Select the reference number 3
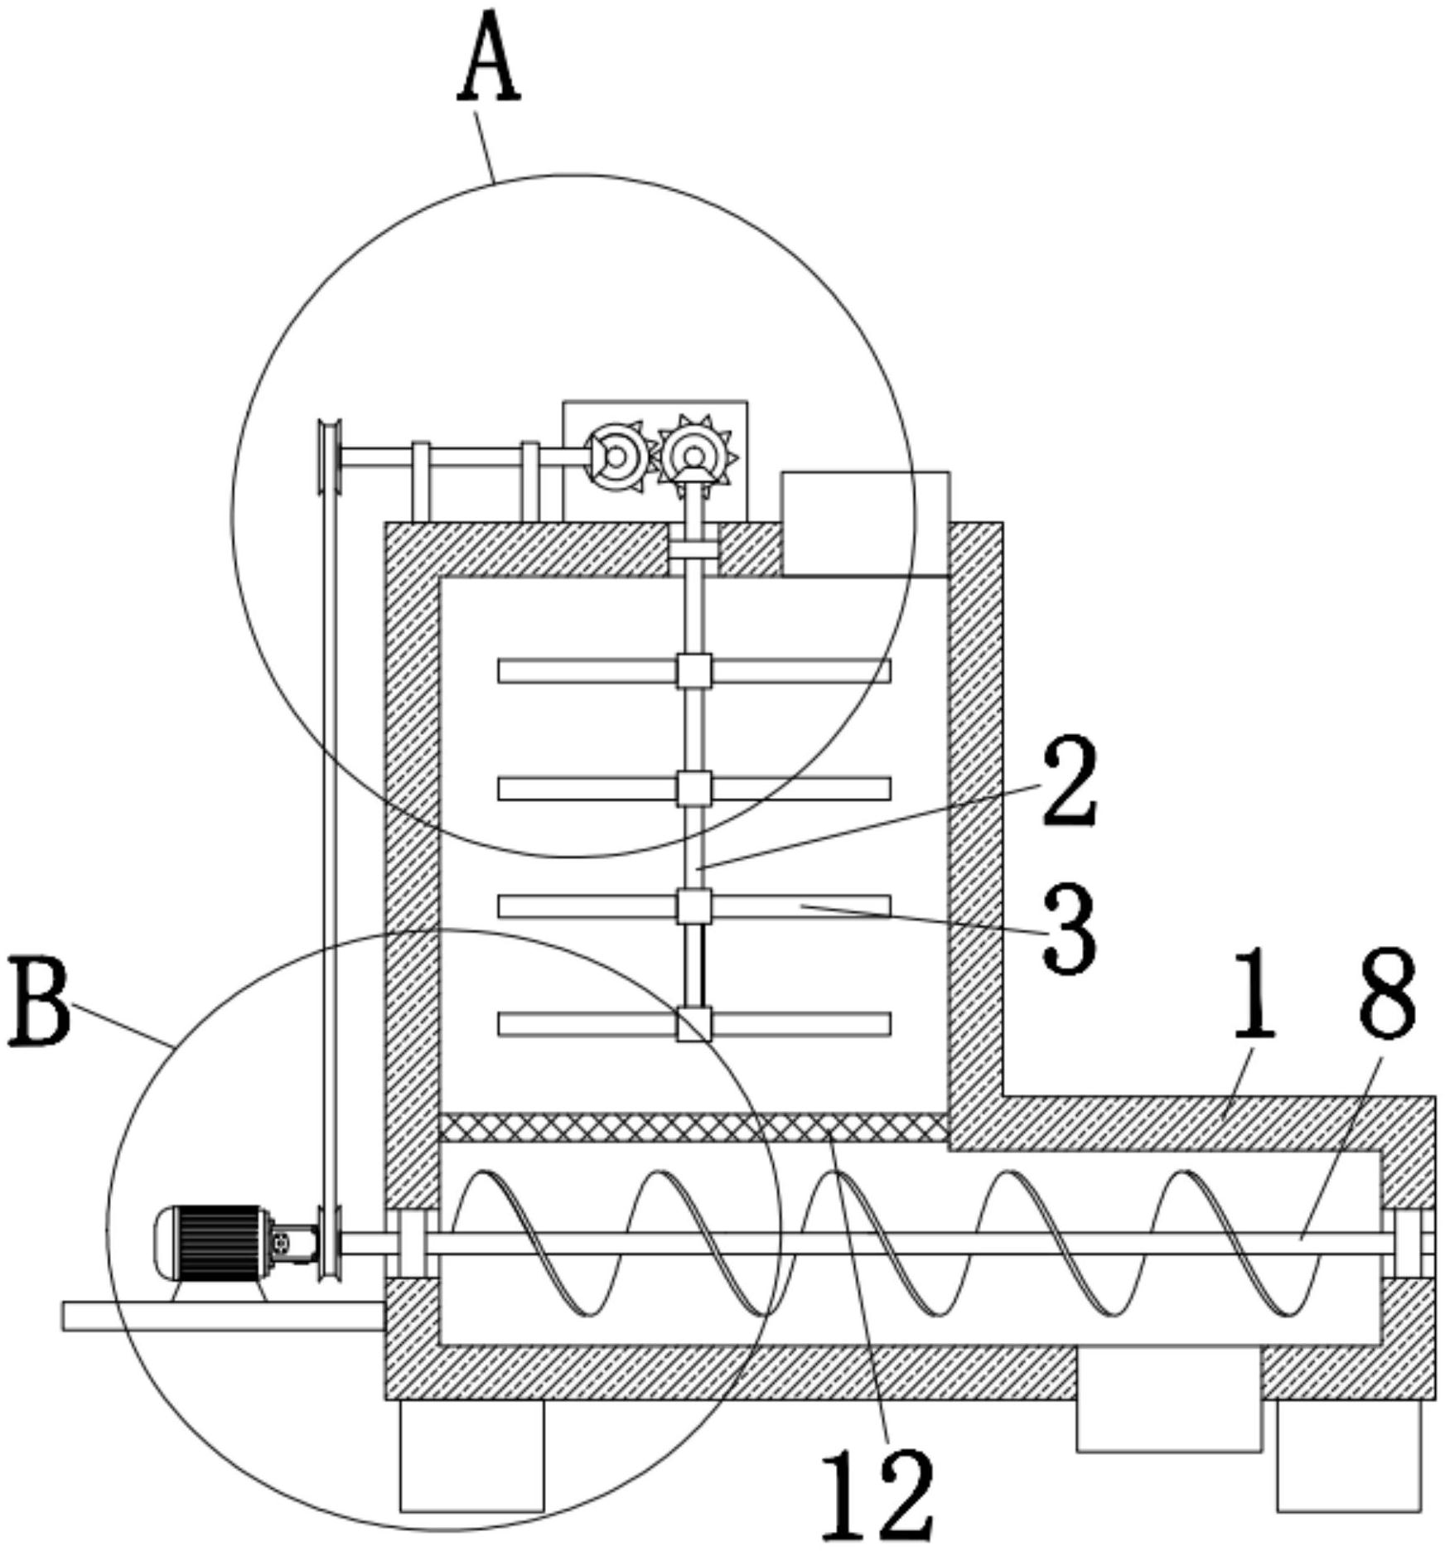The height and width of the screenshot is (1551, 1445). pos(1070,927)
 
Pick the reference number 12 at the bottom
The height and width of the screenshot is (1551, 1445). pos(877,1492)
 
